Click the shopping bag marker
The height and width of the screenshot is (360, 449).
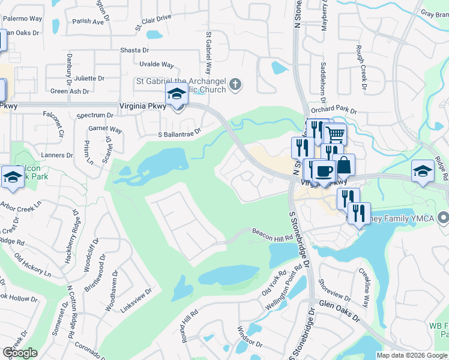[x=345, y=165]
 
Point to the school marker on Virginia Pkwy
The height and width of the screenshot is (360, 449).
[x=177, y=95]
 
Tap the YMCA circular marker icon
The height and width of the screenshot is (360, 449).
[x=443, y=217]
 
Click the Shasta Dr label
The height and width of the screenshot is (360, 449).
[x=134, y=50]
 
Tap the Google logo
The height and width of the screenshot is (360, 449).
[x=20, y=353]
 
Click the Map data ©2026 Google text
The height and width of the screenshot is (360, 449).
[x=412, y=355]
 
